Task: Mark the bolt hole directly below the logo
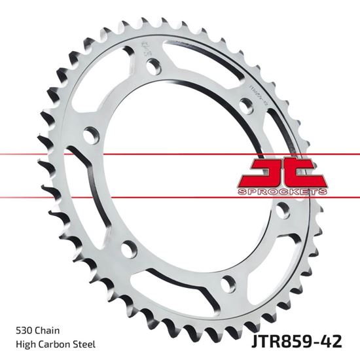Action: pos(283,211)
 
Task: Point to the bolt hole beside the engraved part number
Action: pos(247,105)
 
